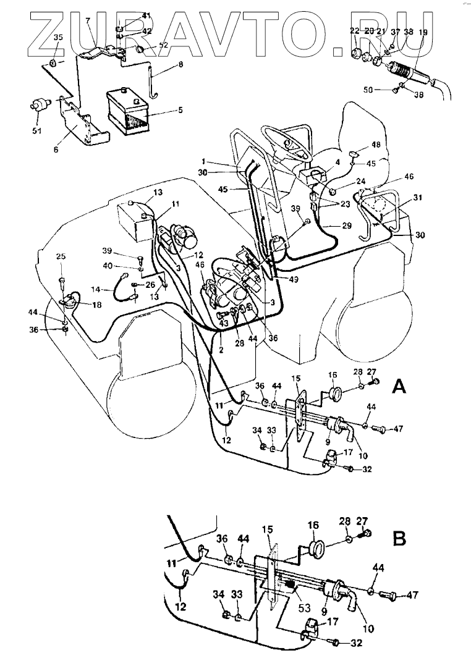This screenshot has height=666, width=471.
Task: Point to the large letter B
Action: click(399, 538)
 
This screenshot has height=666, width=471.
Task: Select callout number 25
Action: click(61, 256)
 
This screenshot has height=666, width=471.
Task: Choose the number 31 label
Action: click(418, 198)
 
